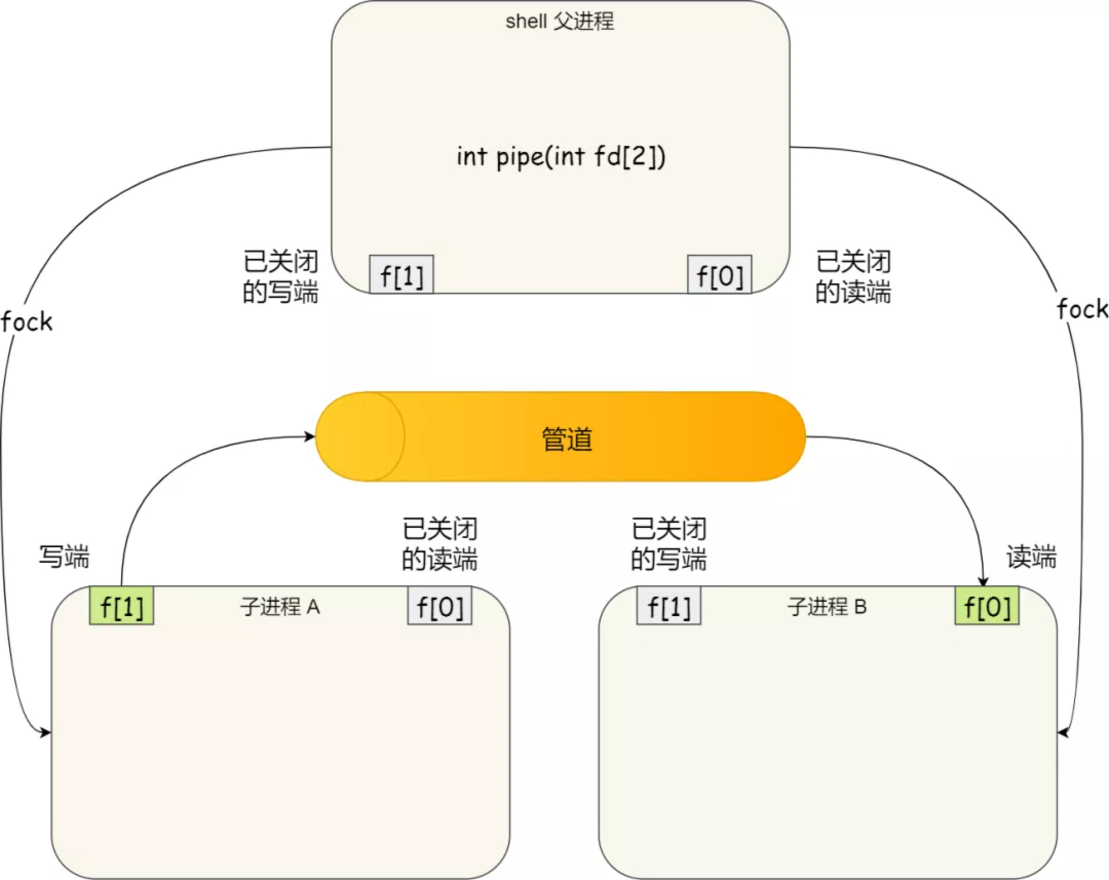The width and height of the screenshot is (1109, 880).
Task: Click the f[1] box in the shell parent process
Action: (401, 274)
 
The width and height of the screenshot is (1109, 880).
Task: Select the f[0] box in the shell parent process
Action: (720, 274)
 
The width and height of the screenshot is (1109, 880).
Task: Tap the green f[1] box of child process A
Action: (121, 605)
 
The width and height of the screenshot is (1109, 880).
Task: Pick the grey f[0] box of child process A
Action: (440, 605)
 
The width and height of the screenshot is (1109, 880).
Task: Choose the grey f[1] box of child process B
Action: (668, 605)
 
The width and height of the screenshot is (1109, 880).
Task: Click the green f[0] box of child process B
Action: (987, 605)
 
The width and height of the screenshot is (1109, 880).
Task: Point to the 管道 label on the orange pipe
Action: (567, 439)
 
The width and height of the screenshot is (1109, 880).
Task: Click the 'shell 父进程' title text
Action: (560, 22)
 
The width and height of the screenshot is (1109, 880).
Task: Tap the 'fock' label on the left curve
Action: (27, 322)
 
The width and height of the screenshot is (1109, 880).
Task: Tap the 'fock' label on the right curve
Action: (1083, 309)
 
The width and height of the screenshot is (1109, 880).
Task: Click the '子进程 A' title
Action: (280, 607)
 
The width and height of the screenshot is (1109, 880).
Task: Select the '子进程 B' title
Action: (827, 607)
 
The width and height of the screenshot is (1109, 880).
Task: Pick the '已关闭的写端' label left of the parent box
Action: (281, 277)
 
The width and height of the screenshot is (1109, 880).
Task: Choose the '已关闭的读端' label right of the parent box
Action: (854, 277)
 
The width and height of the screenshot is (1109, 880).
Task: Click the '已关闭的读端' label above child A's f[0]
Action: (440, 544)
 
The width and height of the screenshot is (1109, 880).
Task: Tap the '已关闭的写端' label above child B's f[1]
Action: (668, 544)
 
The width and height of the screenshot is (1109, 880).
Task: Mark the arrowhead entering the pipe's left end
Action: (310, 436)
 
